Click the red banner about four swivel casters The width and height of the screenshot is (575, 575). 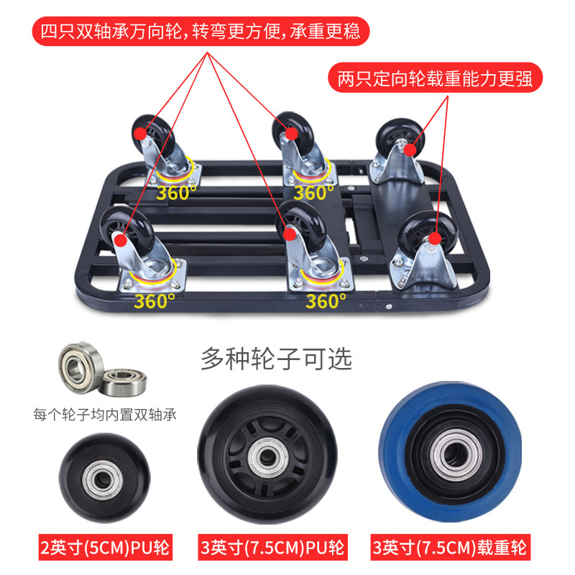(x=201, y=31)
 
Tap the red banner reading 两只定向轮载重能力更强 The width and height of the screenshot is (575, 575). (x=435, y=78)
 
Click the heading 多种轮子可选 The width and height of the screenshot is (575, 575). (x=277, y=359)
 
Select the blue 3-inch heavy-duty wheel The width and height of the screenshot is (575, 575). (x=451, y=452)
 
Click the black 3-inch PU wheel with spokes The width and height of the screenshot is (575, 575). (x=267, y=455)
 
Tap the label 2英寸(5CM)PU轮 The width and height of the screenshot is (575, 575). (x=105, y=548)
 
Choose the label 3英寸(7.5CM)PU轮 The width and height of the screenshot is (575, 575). (x=272, y=548)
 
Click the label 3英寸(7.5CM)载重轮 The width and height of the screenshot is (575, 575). (x=451, y=548)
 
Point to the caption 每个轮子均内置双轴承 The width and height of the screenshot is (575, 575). (x=105, y=415)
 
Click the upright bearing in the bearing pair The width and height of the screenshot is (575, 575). (x=79, y=367)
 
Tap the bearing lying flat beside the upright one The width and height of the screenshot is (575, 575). (x=124, y=382)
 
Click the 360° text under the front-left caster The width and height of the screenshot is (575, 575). (x=154, y=301)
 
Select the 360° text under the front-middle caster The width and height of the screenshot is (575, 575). (x=326, y=301)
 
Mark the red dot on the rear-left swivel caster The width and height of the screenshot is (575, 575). (x=139, y=134)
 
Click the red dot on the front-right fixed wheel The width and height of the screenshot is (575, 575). (x=435, y=239)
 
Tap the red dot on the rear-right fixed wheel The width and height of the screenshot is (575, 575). (x=410, y=149)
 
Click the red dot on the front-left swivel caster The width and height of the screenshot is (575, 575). (x=120, y=241)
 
